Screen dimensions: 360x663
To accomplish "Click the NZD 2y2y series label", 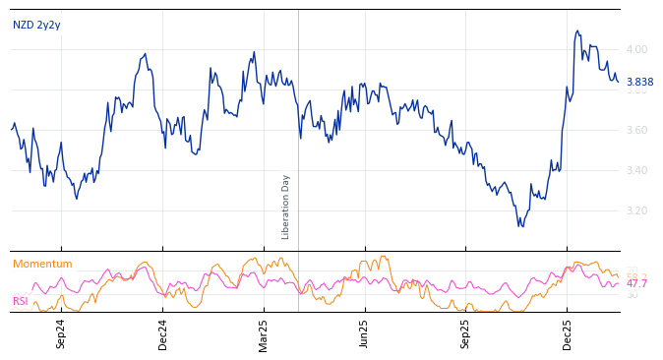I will [x=35, y=26].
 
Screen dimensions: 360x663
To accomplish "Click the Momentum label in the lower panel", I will [x=42, y=265].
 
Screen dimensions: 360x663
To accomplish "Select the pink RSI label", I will [x=21, y=301].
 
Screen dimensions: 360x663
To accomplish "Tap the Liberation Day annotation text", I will [x=286, y=207].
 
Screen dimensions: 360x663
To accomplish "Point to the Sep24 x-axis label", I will [x=61, y=333].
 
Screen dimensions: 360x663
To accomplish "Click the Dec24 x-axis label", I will [x=163, y=333].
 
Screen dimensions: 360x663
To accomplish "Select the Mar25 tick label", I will [x=264, y=333].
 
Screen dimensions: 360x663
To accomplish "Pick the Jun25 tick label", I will [x=365, y=333].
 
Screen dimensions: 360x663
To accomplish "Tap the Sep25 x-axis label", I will [x=466, y=333].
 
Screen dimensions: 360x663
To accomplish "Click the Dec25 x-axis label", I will [x=568, y=333].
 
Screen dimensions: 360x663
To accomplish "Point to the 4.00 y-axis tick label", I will [x=637, y=49].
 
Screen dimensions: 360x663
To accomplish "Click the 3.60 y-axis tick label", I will [x=637, y=130].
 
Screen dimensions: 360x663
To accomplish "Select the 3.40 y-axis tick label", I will [x=637, y=170].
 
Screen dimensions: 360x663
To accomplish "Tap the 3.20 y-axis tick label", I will [x=637, y=210].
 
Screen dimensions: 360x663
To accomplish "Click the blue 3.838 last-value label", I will [x=639, y=83].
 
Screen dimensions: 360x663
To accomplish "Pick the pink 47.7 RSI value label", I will [x=637, y=284].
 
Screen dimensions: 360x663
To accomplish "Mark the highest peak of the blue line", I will [x=577, y=30].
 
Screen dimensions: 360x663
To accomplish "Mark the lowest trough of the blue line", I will [x=521, y=226].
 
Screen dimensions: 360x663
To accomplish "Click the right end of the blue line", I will [x=618, y=82].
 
